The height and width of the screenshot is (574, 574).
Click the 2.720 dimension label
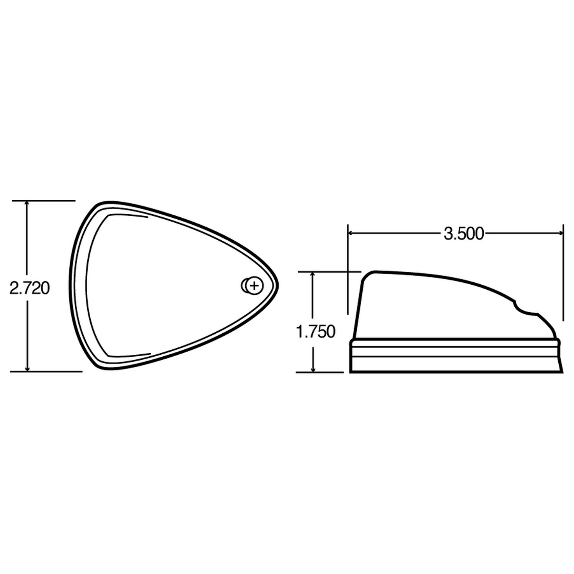click(29, 289)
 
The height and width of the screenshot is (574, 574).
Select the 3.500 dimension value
click(464, 233)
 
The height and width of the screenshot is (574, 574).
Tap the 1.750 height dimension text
click(316, 332)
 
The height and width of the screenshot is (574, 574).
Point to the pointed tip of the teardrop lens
click(277, 285)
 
